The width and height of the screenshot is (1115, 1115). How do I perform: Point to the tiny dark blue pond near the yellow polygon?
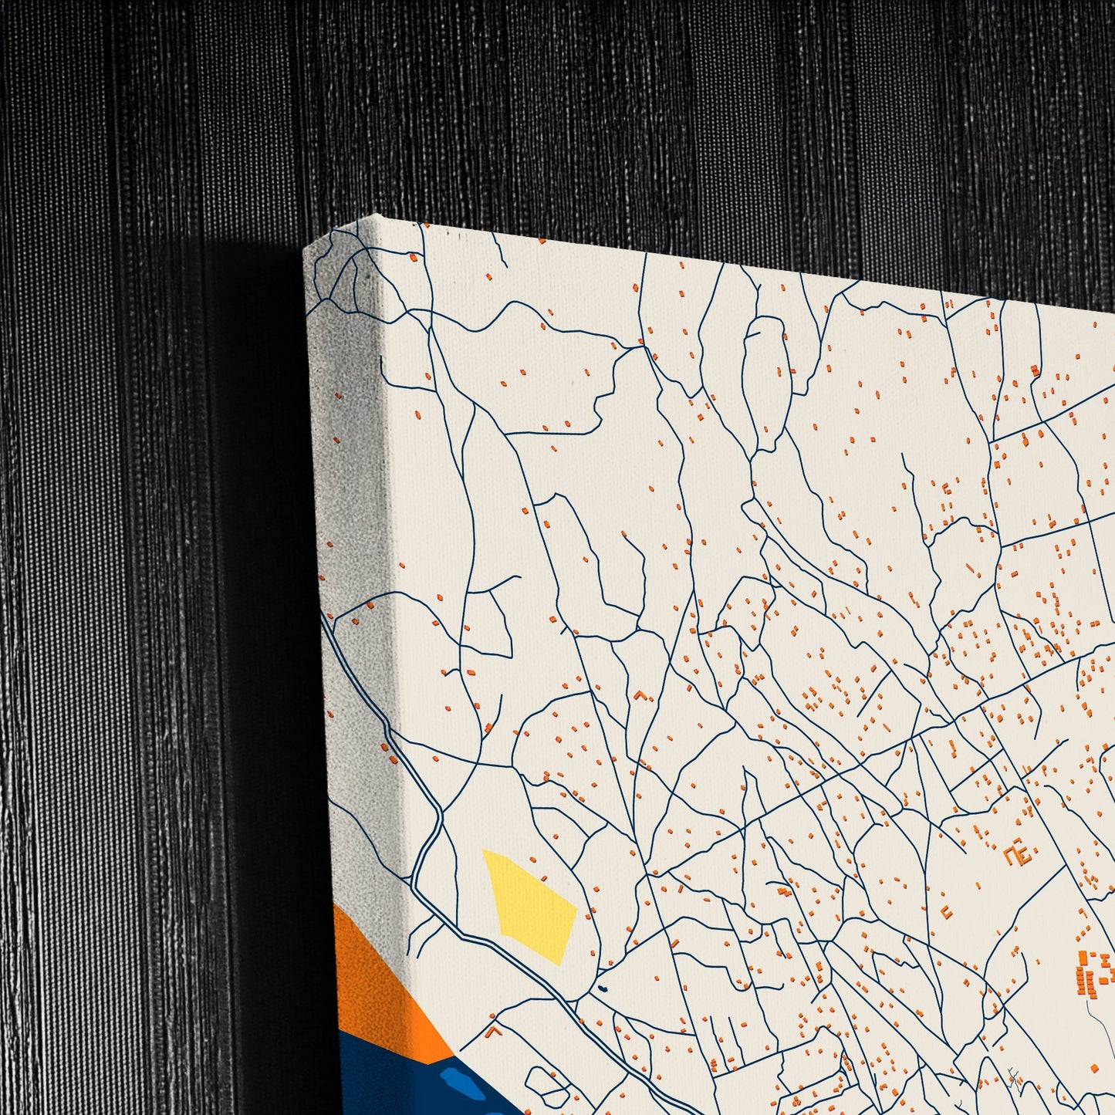(x=603, y=988)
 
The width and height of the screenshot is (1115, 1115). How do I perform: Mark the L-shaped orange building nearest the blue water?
(x=494, y=1029)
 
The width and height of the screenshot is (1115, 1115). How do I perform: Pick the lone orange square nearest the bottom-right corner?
(x=1095, y=1067)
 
